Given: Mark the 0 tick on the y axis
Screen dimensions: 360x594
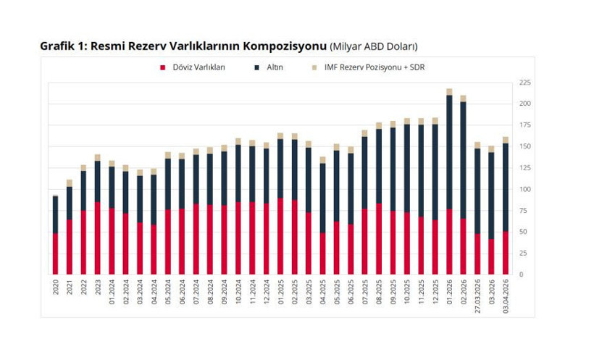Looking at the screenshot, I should click(520, 275).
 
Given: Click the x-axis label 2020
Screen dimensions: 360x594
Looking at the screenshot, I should click(55, 288).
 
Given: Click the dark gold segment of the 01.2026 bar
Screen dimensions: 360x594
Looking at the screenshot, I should click(449, 152).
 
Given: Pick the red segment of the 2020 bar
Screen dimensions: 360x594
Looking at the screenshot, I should click(55, 254).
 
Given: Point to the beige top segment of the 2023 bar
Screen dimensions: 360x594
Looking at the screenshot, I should click(97, 157).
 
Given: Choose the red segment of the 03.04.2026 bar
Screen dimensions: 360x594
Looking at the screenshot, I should click(506, 253).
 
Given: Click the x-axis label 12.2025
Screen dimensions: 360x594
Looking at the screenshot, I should click(435, 290).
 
